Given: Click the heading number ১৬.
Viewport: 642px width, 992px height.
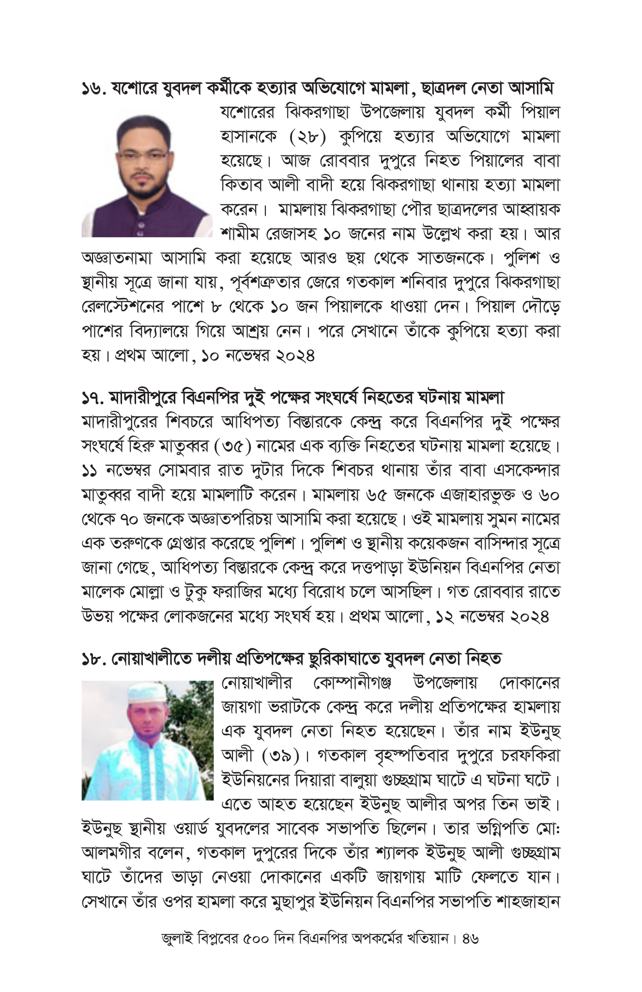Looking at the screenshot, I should click(93, 90).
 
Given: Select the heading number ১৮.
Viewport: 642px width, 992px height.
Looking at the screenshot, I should click(93, 659).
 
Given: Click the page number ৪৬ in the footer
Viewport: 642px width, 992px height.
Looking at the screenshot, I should click(470, 953).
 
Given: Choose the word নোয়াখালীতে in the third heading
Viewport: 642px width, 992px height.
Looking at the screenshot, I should click(153, 659).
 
